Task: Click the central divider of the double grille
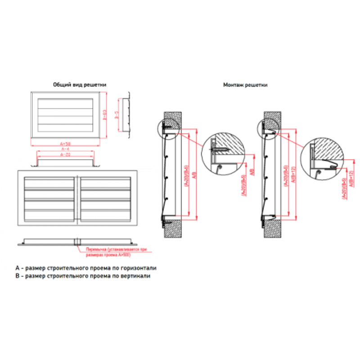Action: pyautogui.click(x=78, y=197)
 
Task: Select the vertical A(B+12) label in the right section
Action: pyautogui.click(x=293, y=173)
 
